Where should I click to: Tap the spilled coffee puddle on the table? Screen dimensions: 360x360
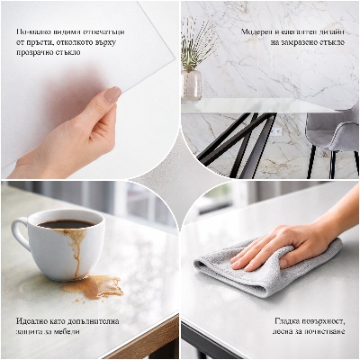pos(94,286)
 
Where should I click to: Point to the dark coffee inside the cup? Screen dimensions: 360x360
pos(64,224)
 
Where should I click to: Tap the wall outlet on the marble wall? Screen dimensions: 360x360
pos(276,131)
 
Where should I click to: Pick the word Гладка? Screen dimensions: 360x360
pos(288,320)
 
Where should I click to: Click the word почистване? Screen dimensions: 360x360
pos(319,331)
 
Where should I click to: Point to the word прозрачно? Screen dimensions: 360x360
pos(38,52)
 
